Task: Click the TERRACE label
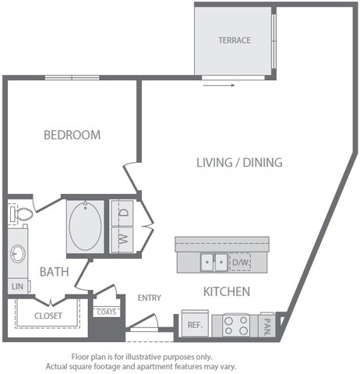tap(234, 41)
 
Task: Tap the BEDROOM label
tap(72, 135)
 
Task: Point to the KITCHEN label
tap(226, 291)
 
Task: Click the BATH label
tap(54, 272)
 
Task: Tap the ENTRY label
tap(149, 298)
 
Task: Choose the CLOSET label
tap(48, 316)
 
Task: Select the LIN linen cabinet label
tap(17, 287)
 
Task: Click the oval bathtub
tap(84, 226)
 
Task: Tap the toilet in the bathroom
tap(21, 213)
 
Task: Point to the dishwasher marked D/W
tap(240, 263)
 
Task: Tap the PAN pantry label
tap(267, 322)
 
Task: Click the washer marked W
tap(123, 238)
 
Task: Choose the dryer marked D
tap(123, 213)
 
